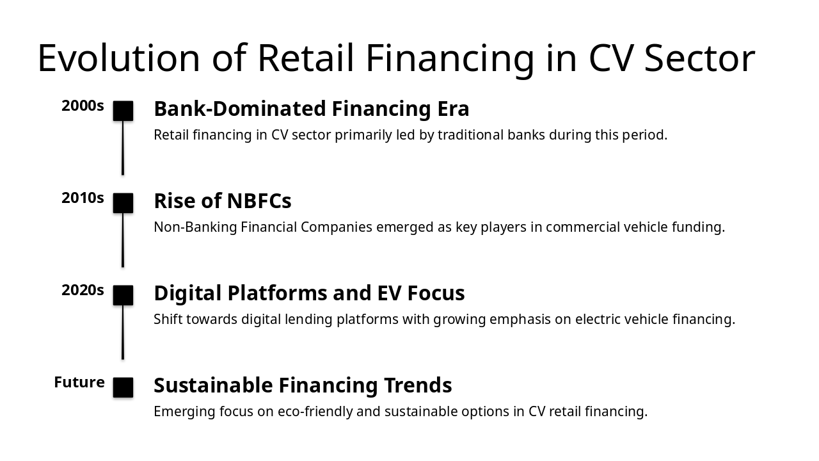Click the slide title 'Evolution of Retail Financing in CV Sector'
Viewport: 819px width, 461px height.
click(396, 58)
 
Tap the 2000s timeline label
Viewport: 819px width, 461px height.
click(83, 106)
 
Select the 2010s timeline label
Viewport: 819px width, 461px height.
click(83, 198)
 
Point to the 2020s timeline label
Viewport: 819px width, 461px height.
click(83, 291)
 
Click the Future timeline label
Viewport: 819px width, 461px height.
click(79, 383)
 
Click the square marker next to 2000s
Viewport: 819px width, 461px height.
click(123, 111)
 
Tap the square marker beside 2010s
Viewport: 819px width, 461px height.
click(123, 203)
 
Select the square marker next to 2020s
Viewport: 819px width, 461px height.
click(123, 295)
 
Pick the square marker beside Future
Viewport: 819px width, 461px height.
click(123, 387)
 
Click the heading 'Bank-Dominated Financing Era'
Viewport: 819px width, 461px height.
click(311, 109)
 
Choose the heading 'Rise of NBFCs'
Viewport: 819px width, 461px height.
click(222, 201)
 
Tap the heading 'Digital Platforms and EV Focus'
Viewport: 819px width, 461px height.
click(309, 293)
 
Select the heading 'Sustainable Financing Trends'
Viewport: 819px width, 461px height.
click(303, 385)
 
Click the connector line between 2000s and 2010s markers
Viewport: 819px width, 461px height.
click(123, 148)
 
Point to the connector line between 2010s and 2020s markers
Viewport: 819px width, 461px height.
click(123, 240)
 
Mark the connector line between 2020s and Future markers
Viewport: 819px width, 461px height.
click(123, 332)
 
